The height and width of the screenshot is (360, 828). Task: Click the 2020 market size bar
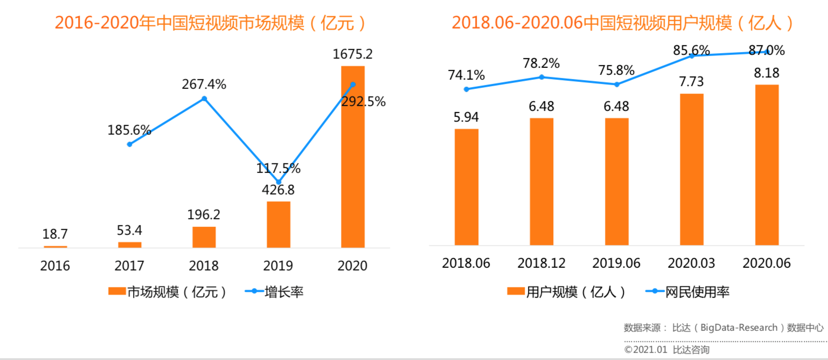pyautogui.click(x=353, y=156)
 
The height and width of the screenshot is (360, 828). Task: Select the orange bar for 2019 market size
pyautogui.click(x=279, y=224)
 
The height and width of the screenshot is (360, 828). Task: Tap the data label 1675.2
pyautogui.click(x=353, y=54)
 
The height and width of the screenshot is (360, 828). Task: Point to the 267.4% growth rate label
pyautogui.click(x=204, y=85)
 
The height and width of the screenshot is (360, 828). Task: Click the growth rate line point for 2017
pyautogui.click(x=130, y=144)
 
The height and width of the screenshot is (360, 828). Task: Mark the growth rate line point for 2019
pyautogui.click(x=279, y=183)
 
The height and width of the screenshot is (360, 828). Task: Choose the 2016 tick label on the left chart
pyautogui.click(x=55, y=266)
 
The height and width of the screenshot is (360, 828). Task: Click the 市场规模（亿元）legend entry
pyautogui.click(x=167, y=292)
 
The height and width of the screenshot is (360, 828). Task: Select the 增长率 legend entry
pyautogui.click(x=275, y=292)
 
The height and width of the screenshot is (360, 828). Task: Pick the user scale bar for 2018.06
pyautogui.click(x=467, y=186)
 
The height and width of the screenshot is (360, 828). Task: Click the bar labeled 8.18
pyautogui.click(x=767, y=164)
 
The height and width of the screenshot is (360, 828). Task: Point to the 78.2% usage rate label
pyautogui.click(x=541, y=63)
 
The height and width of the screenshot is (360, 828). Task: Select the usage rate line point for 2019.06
pyautogui.click(x=617, y=85)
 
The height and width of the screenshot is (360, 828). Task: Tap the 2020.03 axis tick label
pyautogui.click(x=691, y=264)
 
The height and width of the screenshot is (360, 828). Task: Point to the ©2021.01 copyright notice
pyautogui.click(x=666, y=350)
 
